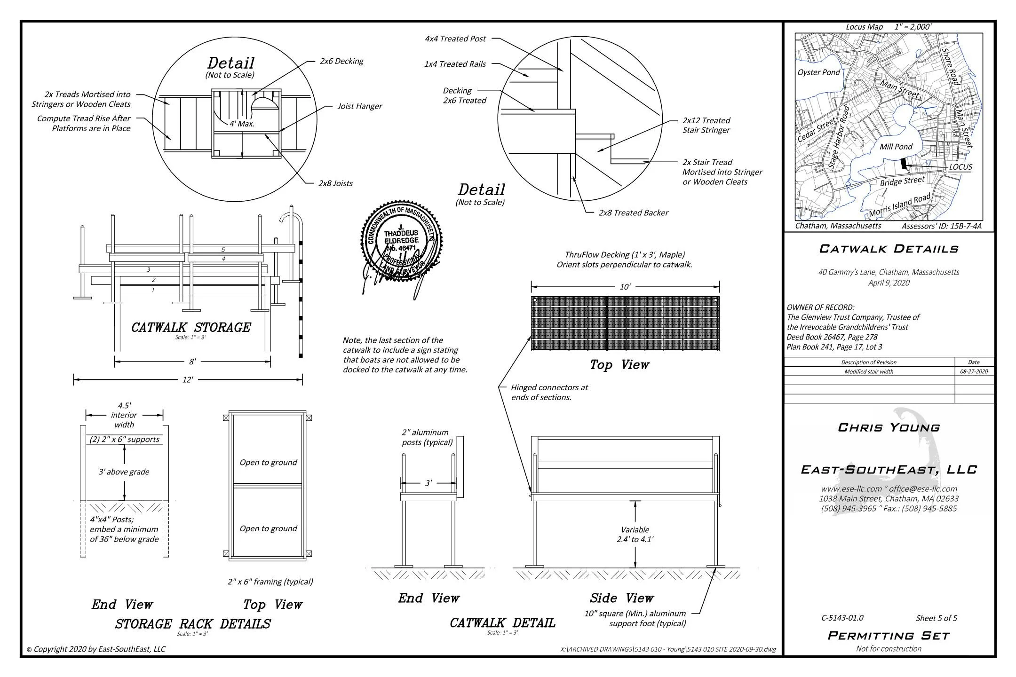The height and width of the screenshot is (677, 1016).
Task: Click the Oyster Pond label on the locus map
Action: coord(818,72)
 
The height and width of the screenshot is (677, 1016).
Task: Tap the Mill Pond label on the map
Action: coord(896,147)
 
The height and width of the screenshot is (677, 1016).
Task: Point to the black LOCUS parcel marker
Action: coord(903,164)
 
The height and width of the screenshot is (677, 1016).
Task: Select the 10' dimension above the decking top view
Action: coord(625,287)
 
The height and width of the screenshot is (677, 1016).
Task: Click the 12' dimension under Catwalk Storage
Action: coord(188,380)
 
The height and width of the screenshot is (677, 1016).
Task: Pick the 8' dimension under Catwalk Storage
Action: coord(192,362)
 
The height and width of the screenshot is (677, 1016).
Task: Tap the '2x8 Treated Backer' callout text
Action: coord(633,213)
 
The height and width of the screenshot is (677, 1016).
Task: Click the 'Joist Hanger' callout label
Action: coord(359,106)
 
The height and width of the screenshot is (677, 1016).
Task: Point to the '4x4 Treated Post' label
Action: coord(455,39)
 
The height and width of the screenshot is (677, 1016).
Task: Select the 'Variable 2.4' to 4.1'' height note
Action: coord(635,535)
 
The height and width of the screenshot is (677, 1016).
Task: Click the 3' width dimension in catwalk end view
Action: coord(428,483)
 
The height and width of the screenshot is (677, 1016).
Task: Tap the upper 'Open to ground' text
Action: coord(268,463)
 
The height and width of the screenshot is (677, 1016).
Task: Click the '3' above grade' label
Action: coord(124,472)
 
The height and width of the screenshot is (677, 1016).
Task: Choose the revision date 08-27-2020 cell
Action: coord(974,371)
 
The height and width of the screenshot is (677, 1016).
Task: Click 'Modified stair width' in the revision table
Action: coord(868,371)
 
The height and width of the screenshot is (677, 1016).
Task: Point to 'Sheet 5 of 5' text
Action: coord(936,618)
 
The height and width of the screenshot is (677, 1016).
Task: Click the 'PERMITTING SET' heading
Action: coord(889,636)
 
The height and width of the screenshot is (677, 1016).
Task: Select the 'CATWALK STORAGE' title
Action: coord(191,327)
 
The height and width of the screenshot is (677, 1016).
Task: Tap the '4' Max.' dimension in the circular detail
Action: coord(242,124)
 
